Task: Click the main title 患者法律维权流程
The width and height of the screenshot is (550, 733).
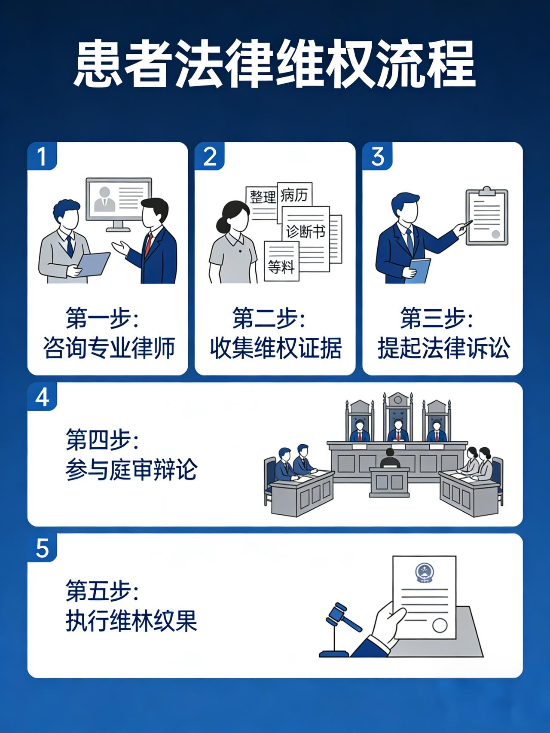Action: tap(275, 64)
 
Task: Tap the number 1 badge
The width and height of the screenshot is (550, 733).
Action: tap(42, 156)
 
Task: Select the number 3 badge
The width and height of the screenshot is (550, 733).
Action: tap(377, 156)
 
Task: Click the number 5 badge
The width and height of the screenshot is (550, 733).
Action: tap(42, 548)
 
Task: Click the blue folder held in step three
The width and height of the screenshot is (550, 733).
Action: tap(419, 270)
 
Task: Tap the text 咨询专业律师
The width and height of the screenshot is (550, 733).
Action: tap(109, 348)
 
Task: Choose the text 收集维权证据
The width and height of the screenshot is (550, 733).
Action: tap(276, 348)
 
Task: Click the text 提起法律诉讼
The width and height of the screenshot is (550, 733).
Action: tap(444, 348)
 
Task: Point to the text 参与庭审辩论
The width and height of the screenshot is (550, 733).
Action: tap(131, 469)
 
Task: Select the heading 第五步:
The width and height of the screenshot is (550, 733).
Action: tap(102, 591)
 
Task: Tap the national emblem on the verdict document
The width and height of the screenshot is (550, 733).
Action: tap(425, 573)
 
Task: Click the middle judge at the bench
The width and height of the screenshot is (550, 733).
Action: tap(398, 431)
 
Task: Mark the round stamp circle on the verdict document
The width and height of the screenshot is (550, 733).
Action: tap(440, 625)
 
